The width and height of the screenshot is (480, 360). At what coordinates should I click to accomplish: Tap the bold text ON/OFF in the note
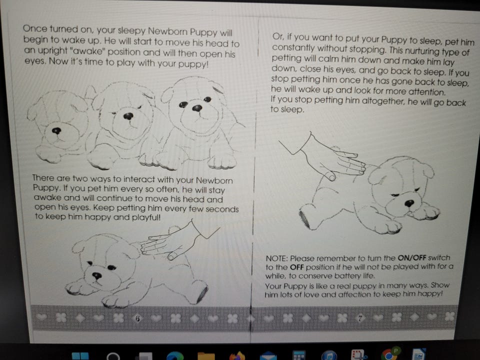point(411,258)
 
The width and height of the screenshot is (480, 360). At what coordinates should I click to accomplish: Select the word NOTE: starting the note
point(276,258)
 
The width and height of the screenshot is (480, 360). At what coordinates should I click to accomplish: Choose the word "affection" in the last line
point(354,294)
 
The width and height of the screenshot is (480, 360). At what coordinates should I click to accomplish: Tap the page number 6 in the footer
point(137,318)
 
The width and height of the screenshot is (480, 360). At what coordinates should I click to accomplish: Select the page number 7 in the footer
point(360,318)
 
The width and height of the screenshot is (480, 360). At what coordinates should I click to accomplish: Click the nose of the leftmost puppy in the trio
point(56,131)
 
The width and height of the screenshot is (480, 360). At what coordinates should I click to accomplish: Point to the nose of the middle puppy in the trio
point(128,116)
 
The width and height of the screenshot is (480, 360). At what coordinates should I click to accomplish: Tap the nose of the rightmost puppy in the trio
point(197,108)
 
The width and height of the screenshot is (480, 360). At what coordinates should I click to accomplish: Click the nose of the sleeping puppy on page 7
point(409,203)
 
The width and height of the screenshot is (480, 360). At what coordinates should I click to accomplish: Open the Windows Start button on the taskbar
point(80,356)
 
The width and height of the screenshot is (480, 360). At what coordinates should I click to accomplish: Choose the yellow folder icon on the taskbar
point(206,356)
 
